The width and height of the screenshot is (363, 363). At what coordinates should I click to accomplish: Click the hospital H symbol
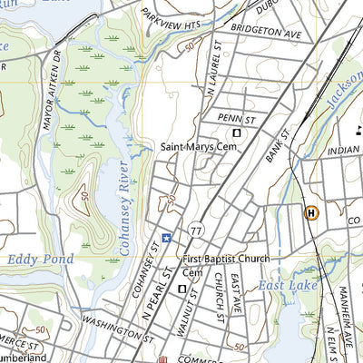(x=311, y=212)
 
